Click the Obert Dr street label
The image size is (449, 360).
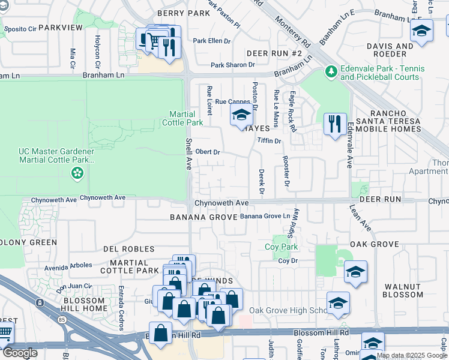208,152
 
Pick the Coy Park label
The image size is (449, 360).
282,247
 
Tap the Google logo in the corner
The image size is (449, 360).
19,353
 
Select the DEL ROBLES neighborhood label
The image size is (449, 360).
128,249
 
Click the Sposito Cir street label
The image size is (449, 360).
20,28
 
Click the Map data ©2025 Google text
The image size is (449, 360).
411,355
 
